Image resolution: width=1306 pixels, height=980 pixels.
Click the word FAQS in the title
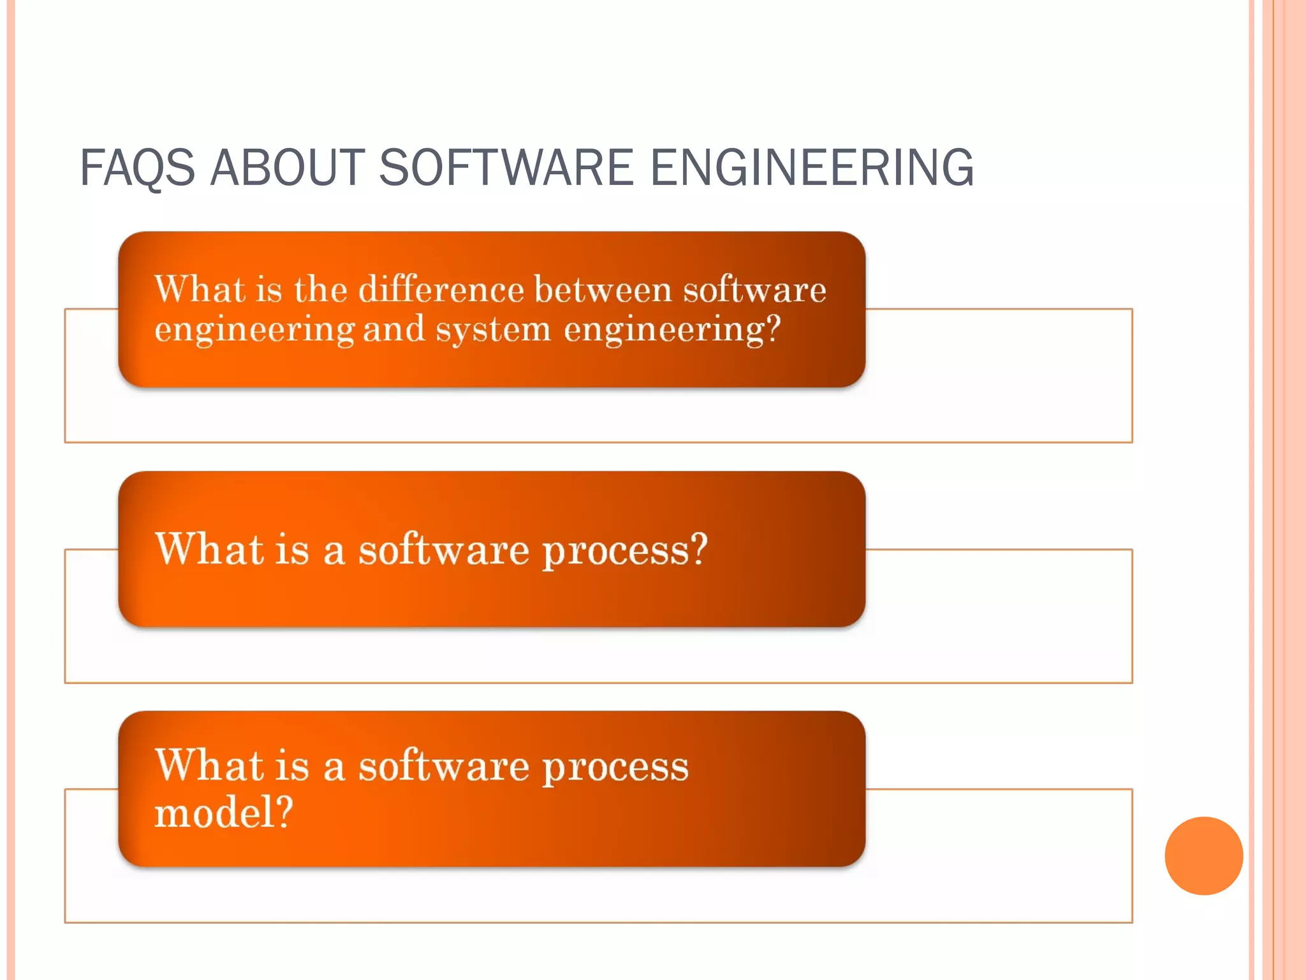[x=137, y=168]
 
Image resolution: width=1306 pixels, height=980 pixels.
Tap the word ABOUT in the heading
[x=288, y=168]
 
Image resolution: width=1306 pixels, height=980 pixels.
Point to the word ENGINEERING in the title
[x=811, y=168]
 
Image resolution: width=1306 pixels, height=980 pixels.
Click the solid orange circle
[x=1203, y=856]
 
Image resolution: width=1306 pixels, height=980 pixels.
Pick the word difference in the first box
[x=441, y=290]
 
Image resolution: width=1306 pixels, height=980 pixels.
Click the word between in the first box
[x=603, y=290]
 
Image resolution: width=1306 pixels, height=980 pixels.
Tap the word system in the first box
[x=493, y=330]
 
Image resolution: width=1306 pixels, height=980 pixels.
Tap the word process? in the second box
[x=625, y=550]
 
